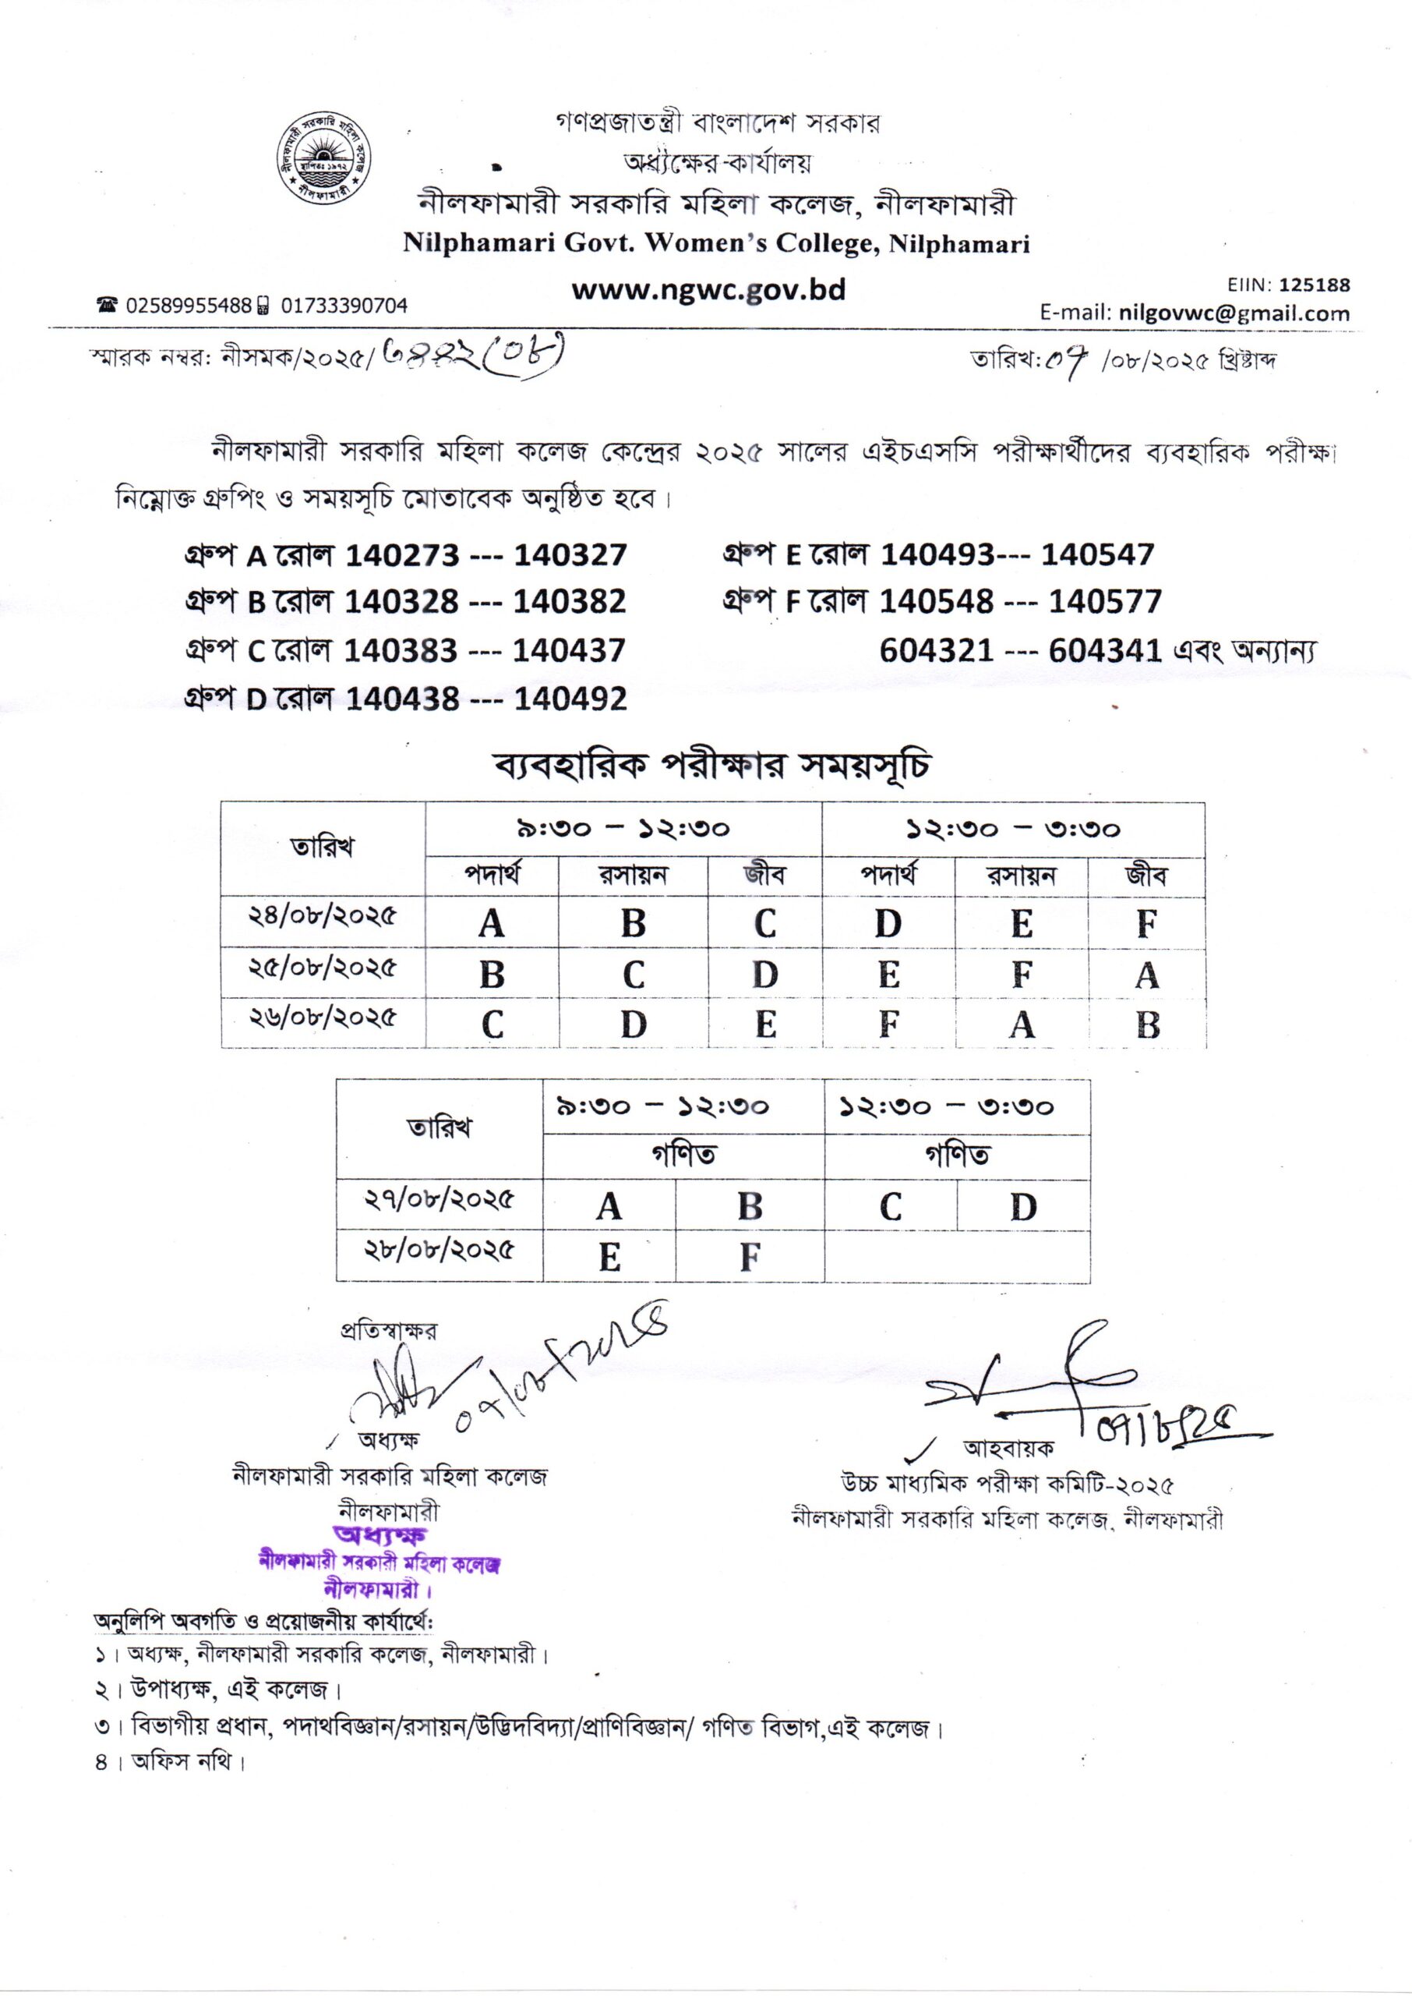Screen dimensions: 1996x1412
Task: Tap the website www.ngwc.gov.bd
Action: [708, 289]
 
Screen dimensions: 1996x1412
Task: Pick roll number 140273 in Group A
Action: [401, 555]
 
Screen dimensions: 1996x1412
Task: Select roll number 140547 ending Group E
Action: [1097, 554]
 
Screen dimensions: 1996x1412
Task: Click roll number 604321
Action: [936, 649]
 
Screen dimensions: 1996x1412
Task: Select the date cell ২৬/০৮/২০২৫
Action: [323, 1017]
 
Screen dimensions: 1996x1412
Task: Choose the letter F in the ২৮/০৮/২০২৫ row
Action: [750, 1257]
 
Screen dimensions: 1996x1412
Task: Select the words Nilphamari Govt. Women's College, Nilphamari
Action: [715, 243]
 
